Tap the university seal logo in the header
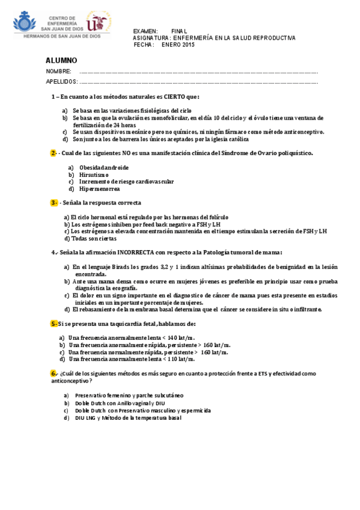99,22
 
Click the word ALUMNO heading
61,61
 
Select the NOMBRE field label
59,72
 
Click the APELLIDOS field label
62,81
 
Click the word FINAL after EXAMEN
179,31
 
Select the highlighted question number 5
53,324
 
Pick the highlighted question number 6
53,373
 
